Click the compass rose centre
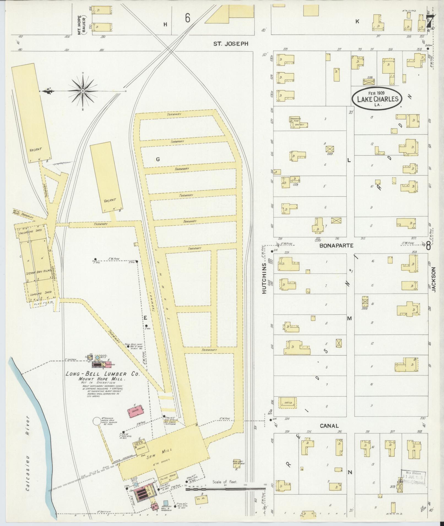point(83,91)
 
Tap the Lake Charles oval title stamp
point(378,99)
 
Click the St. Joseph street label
point(231,43)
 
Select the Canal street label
point(329,434)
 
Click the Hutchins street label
point(265,278)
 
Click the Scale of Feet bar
point(226,489)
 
